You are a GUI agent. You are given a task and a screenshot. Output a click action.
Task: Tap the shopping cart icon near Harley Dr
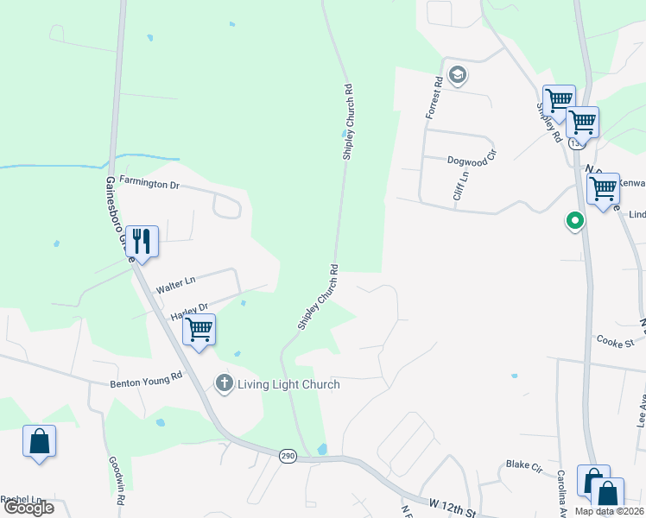[x=199, y=330]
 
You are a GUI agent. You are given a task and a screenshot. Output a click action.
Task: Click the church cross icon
[x=225, y=383]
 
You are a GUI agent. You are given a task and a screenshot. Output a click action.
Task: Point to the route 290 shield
[x=288, y=456]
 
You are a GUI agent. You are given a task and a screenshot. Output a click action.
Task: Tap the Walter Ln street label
[x=175, y=283]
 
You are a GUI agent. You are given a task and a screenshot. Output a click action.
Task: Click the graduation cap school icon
[x=458, y=75]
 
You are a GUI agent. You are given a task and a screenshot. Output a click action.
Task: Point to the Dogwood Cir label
[x=472, y=160]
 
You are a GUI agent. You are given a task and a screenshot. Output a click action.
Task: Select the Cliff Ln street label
[x=461, y=186]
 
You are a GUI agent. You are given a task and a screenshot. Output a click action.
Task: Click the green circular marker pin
[x=573, y=222]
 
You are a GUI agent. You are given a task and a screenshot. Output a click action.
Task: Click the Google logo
[x=28, y=508]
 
